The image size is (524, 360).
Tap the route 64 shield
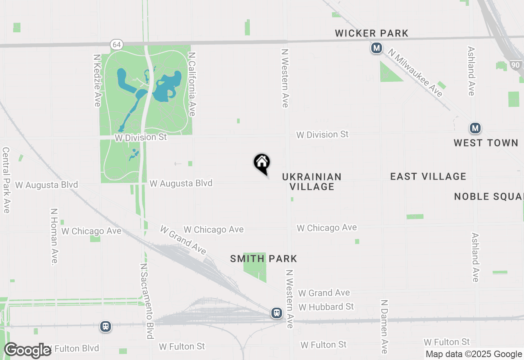(116, 45)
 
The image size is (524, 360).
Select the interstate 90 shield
(515, 65)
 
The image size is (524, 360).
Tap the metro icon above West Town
(475, 128)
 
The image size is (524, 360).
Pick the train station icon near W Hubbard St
(277, 313)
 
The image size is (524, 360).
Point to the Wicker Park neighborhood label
(372, 34)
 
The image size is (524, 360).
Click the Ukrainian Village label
(312, 182)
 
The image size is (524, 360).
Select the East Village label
(428, 176)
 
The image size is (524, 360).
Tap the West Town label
(486, 143)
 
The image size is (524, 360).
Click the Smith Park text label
(264, 259)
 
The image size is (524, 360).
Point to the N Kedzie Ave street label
(97, 81)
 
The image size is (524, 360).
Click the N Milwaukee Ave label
(416, 73)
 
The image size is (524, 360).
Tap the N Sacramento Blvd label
(147, 301)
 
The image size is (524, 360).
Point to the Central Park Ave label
(6, 180)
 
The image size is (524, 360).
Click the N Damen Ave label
(384, 326)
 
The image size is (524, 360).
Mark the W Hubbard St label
(326, 307)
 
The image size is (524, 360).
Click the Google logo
(27, 350)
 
